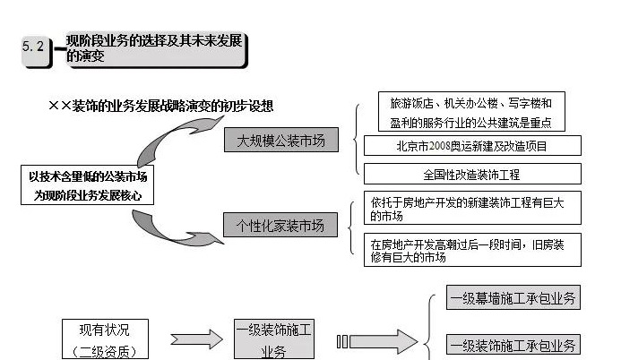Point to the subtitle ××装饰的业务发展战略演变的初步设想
coord(160,107)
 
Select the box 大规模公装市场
coord(280,141)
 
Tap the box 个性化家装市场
coord(280,224)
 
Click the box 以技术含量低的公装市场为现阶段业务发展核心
coord(86,185)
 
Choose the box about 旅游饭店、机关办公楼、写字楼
coord(471,113)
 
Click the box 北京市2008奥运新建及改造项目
coord(471,146)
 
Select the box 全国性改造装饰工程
coord(471,174)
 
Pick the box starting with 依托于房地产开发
coord(471,208)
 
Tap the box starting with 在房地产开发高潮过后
coord(471,250)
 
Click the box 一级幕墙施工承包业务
coord(513,299)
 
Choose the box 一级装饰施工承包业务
coord(513,345)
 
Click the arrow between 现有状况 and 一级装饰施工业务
coord(195,339)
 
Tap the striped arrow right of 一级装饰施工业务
coord(377,341)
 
